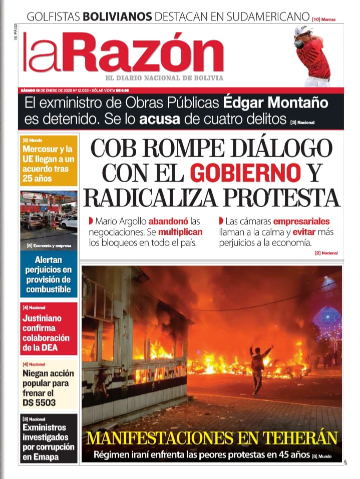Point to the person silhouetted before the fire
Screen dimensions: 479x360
258,368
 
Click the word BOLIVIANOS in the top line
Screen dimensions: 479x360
117,17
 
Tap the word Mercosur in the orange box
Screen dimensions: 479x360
44,149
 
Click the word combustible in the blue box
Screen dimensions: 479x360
48,289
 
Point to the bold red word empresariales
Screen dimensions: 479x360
301,221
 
